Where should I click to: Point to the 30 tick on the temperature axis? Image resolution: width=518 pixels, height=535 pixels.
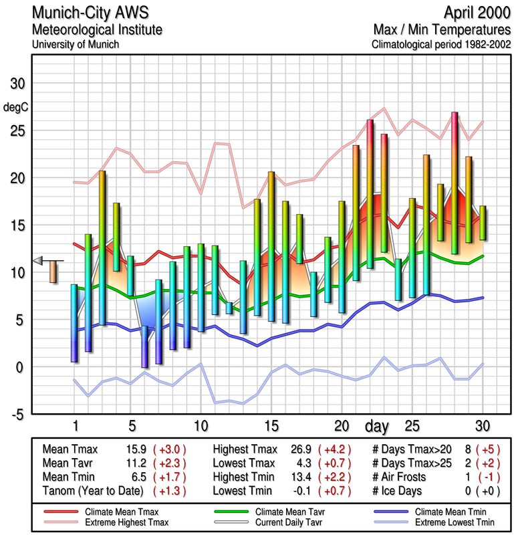tap(16, 84)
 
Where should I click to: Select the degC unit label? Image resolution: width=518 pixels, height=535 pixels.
tap(16, 107)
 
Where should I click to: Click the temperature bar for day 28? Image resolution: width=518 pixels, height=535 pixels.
tap(455, 183)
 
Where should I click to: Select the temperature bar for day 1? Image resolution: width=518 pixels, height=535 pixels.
tap(74, 323)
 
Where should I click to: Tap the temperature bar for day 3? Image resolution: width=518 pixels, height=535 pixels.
tap(102, 247)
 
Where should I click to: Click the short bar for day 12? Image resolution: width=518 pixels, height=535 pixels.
tap(229, 308)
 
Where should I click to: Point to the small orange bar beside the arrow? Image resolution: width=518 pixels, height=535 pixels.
tap(53, 272)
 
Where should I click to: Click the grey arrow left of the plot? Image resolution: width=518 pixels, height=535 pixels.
tap(39, 260)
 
